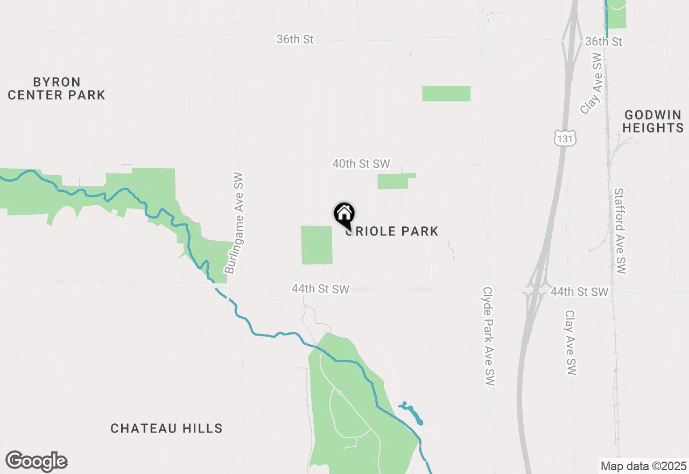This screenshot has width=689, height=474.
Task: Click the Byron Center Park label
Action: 57,89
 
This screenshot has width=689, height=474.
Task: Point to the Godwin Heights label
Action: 653,121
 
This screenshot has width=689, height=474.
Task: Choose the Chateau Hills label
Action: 166,429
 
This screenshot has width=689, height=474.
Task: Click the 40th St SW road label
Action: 361,163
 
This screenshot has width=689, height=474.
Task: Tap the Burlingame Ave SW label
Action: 235,224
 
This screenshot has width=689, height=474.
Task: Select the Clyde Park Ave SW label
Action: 489,336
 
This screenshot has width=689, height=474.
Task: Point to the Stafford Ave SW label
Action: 621,232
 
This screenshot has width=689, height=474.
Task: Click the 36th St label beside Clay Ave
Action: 603,41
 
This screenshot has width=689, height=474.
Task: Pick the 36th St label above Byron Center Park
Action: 295,39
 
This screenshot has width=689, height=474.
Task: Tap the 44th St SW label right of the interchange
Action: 579,292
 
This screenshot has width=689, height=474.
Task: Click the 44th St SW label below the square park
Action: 320,289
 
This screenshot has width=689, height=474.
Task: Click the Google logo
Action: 37,462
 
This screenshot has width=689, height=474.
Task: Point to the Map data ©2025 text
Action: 643,466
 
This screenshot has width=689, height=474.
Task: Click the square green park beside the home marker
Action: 317,245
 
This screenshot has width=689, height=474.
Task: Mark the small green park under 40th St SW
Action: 394,182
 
